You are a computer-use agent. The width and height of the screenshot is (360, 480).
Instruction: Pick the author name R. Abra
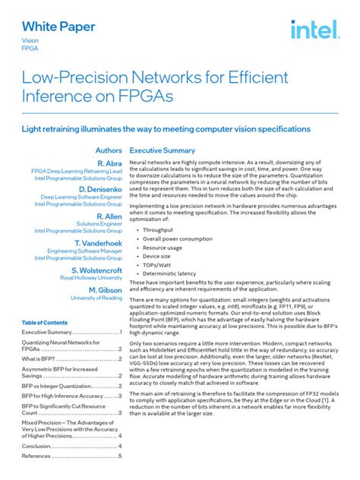(x=109, y=164)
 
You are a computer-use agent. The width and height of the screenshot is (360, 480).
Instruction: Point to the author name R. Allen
(x=109, y=216)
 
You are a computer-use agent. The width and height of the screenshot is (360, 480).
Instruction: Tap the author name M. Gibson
(x=105, y=290)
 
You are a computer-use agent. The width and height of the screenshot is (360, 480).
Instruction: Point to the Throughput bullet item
(x=158, y=229)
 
